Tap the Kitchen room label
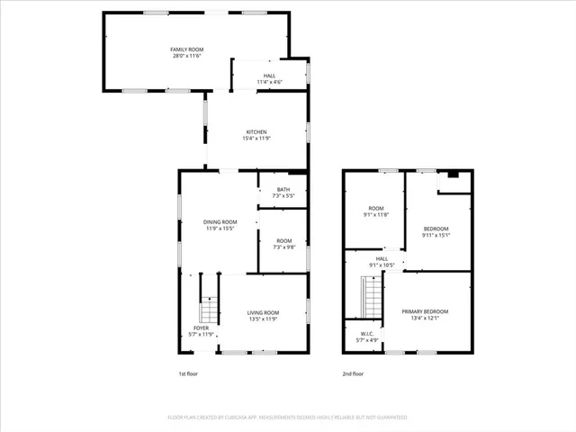(x=256, y=132)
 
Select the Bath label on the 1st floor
(x=283, y=189)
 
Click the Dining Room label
(x=220, y=222)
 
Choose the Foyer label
(x=201, y=328)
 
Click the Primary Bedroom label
(x=425, y=311)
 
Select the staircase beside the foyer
(x=209, y=310)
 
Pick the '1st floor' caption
(x=188, y=373)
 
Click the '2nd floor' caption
(x=353, y=373)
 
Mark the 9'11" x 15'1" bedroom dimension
(x=436, y=236)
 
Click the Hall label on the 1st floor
(x=270, y=76)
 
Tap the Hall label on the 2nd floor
(x=382, y=258)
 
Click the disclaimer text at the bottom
(x=288, y=418)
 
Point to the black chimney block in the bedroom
(x=453, y=174)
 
